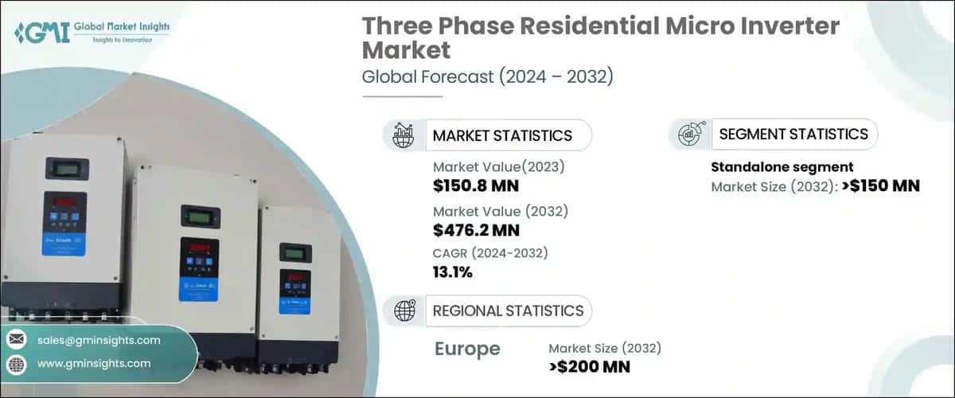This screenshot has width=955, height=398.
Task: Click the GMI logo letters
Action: point(42,32)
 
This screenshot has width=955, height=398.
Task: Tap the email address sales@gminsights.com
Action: point(99,340)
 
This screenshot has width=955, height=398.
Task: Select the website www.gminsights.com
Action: point(94,364)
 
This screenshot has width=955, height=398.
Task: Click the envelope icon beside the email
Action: point(17,340)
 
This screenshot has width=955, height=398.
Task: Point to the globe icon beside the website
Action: point(17,365)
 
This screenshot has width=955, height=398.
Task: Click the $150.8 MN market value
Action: point(476,185)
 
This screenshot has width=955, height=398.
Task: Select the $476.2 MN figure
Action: point(476,230)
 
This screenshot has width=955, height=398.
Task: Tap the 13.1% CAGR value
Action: point(452,272)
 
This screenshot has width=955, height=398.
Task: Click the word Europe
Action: point(467,349)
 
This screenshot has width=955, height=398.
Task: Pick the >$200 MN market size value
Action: point(589,367)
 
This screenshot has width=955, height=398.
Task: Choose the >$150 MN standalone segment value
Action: point(881,185)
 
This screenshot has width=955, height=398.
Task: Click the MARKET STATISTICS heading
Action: point(502,135)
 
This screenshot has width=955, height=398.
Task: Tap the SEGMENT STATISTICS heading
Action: point(793,135)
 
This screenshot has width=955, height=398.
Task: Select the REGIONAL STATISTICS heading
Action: point(508,311)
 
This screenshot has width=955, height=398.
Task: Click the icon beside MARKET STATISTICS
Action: point(403,135)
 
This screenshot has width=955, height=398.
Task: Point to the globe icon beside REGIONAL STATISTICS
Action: point(404,310)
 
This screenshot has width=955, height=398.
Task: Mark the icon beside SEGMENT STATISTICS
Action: point(691,134)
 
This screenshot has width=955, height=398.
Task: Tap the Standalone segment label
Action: point(782,167)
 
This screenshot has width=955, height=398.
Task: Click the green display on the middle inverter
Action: point(201,217)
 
